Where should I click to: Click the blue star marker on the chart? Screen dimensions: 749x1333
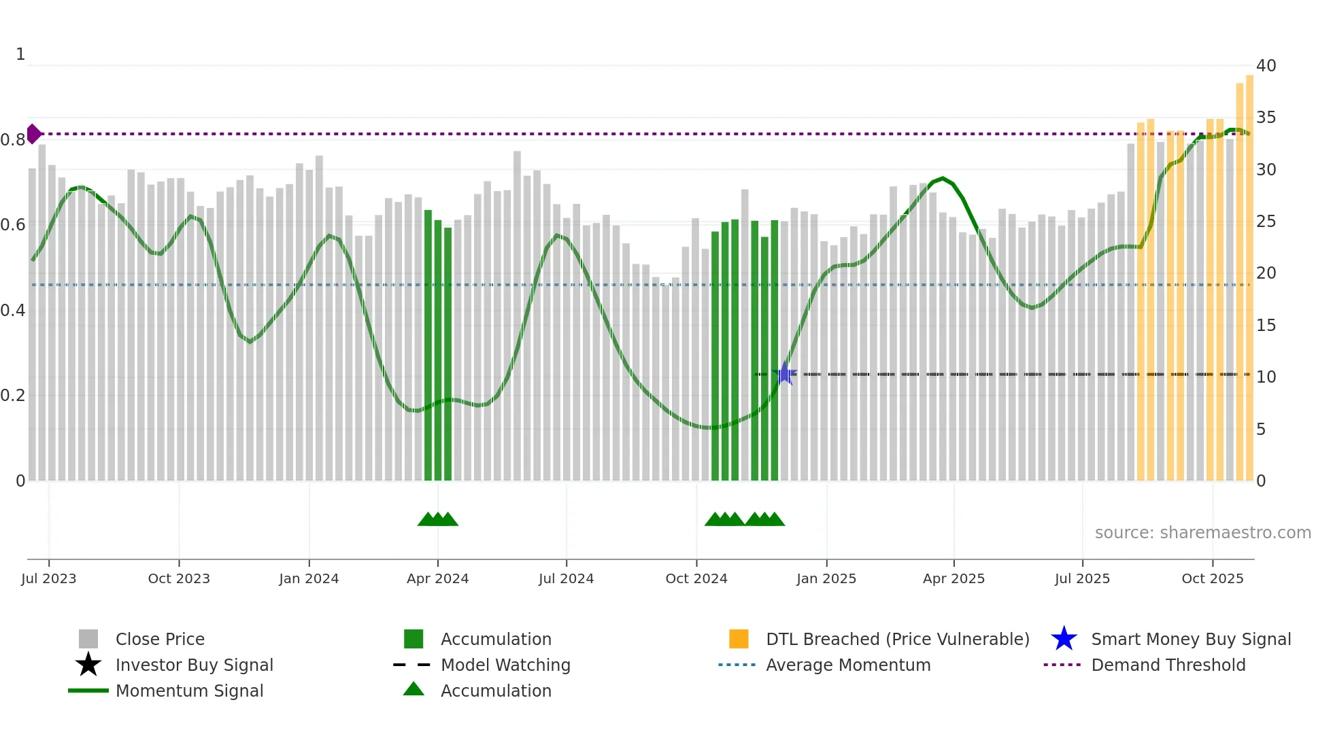point(784,374)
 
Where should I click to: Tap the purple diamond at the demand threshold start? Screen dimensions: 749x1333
point(33,134)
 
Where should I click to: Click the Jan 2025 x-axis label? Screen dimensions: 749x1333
point(826,578)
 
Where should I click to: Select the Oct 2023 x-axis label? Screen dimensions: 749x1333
point(179,578)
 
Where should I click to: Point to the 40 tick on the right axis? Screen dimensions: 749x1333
point(1266,66)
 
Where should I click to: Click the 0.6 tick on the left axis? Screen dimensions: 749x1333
point(13,225)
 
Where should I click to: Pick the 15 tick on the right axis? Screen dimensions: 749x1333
point(1266,326)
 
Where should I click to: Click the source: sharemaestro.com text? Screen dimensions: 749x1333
point(1202,533)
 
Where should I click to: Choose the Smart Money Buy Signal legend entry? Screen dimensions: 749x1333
point(1190,640)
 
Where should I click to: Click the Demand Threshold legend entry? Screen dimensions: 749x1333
point(1168,665)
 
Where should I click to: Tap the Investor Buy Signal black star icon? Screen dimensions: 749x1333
point(88,665)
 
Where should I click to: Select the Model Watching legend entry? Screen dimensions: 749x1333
point(505,665)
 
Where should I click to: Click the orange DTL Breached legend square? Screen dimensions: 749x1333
point(738,639)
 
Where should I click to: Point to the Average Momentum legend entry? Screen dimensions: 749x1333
point(847,665)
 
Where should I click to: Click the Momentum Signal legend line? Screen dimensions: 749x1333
point(88,691)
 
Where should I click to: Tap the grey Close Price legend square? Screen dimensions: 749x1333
point(88,639)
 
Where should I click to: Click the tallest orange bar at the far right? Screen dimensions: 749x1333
point(1249,272)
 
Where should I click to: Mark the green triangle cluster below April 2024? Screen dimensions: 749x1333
point(437,519)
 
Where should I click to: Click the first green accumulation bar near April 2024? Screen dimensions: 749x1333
point(428,340)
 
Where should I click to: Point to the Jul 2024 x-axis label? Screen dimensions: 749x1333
point(566,578)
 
